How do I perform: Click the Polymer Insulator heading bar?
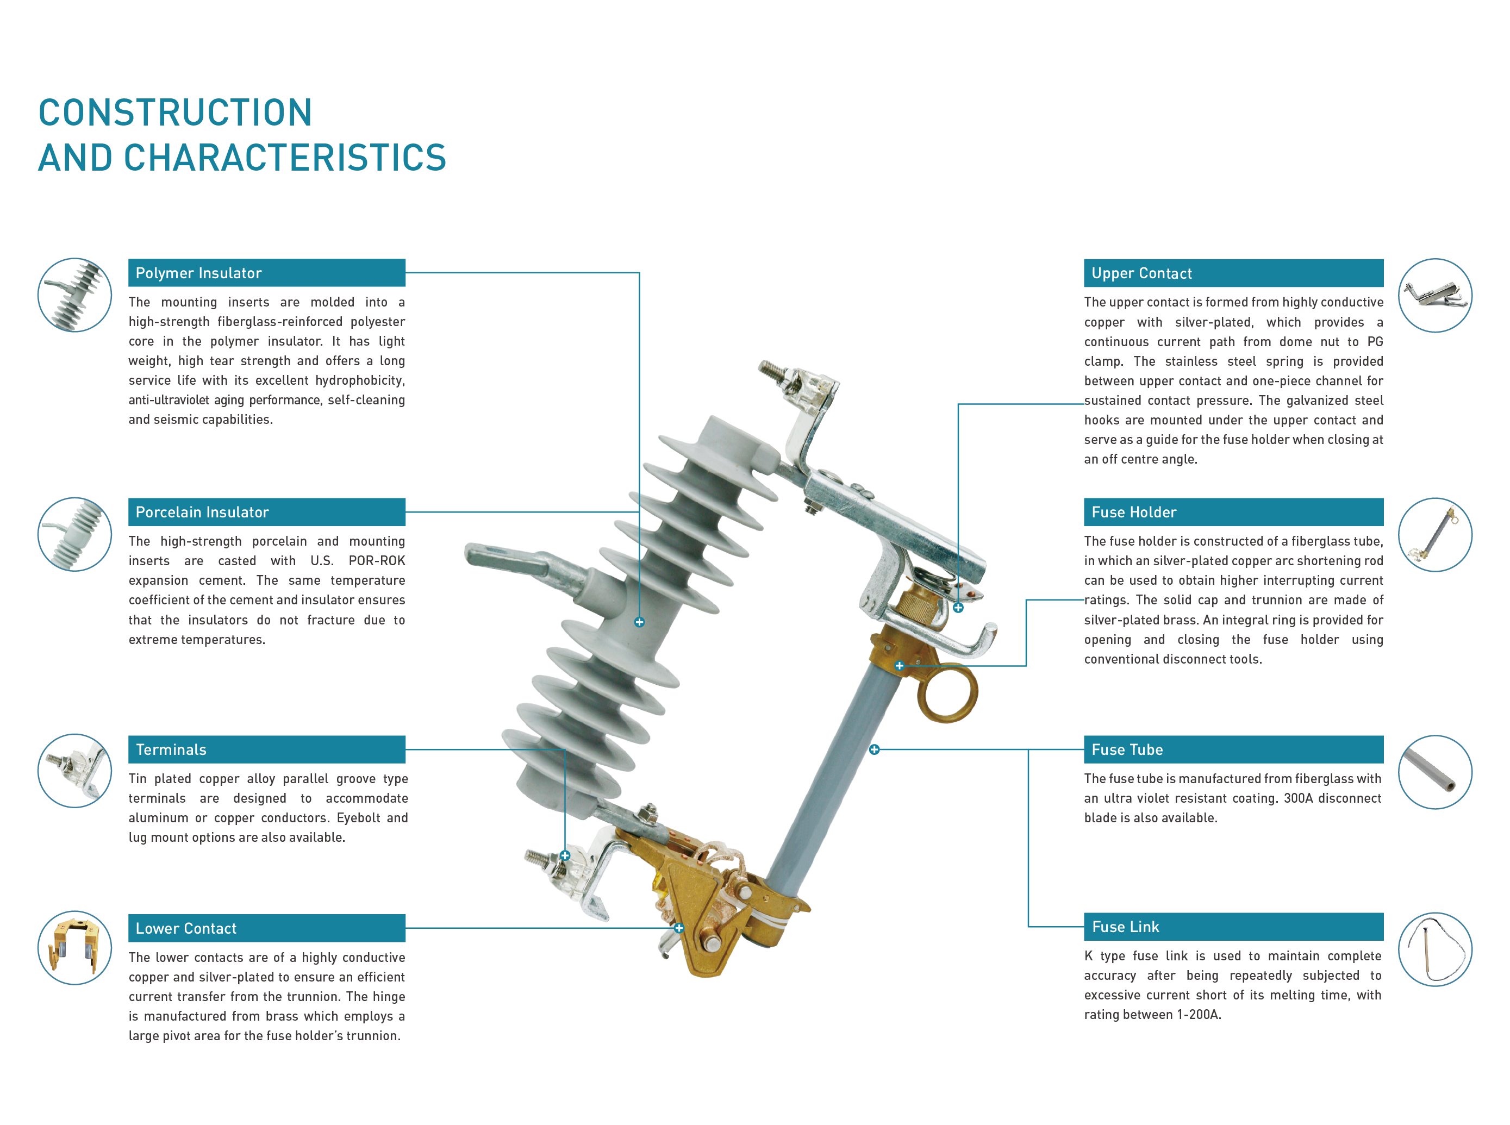click(x=266, y=272)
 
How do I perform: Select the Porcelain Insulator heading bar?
click(x=266, y=511)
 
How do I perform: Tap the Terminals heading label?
click(x=171, y=749)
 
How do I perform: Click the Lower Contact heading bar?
click(x=266, y=928)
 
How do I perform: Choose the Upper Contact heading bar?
click(x=1233, y=272)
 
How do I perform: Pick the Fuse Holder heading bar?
click(x=1233, y=511)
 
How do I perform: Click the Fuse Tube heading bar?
click(x=1233, y=749)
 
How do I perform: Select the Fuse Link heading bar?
click(x=1233, y=926)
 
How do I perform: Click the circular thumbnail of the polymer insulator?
click(x=74, y=295)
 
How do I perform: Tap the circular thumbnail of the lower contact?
click(x=74, y=947)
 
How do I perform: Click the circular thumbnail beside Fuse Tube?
click(x=1434, y=772)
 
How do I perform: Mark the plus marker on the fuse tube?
click(x=874, y=749)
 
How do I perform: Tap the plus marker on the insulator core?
click(x=639, y=622)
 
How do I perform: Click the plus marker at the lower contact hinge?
click(x=678, y=928)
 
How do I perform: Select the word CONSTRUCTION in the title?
click(x=175, y=112)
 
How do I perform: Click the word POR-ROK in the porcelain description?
click(x=376, y=560)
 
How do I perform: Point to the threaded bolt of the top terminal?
click(x=772, y=371)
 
